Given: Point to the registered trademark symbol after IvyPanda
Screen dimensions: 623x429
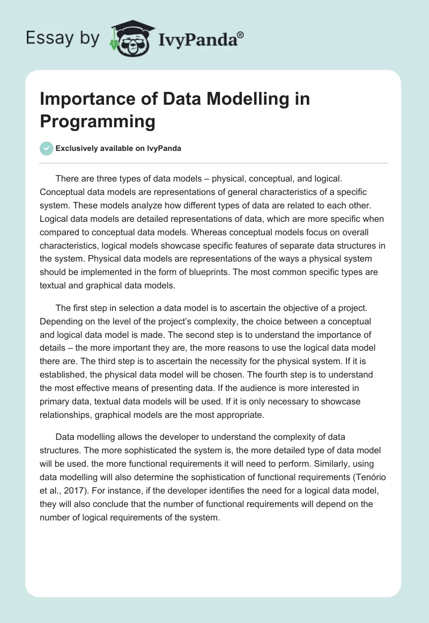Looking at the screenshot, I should click(240, 34).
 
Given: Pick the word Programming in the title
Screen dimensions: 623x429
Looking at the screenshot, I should click(98, 121).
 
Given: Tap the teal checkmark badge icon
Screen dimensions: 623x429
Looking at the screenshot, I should click(47, 148).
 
